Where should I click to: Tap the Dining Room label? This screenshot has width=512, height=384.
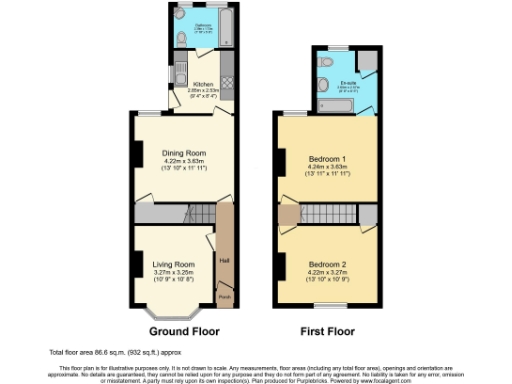point(182,153)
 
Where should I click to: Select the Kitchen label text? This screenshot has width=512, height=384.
point(202,85)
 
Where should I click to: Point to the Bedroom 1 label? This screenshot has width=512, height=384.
point(327,160)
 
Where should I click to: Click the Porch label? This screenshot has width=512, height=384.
point(224,297)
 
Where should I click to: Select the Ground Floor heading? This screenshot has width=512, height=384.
point(184,331)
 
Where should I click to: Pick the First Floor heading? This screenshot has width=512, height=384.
point(327,331)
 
